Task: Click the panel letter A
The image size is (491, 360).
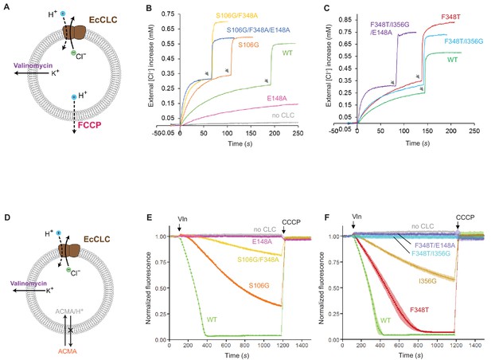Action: [6, 6]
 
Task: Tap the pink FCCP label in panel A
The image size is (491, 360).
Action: [90, 125]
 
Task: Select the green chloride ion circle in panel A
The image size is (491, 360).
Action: [72, 53]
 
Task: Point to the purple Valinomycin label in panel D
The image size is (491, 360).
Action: [29, 284]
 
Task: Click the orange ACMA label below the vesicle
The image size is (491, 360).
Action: [68, 351]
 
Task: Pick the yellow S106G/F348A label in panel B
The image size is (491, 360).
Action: [236, 15]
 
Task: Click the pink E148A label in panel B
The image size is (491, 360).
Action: [277, 98]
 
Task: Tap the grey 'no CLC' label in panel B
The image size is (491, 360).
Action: [283, 115]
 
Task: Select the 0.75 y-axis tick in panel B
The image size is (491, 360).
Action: [168, 14]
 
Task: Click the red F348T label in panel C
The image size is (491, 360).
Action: [451, 17]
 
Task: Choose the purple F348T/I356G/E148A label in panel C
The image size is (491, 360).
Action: [390, 28]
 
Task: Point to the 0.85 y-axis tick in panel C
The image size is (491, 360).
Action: [345, 20]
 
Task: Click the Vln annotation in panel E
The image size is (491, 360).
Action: [182, 219]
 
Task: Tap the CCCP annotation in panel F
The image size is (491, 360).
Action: [465, 217]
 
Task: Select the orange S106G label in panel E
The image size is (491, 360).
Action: [259, 286]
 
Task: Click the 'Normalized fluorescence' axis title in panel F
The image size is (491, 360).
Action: [321, 288]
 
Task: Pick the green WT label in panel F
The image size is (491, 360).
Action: [385, 320]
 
